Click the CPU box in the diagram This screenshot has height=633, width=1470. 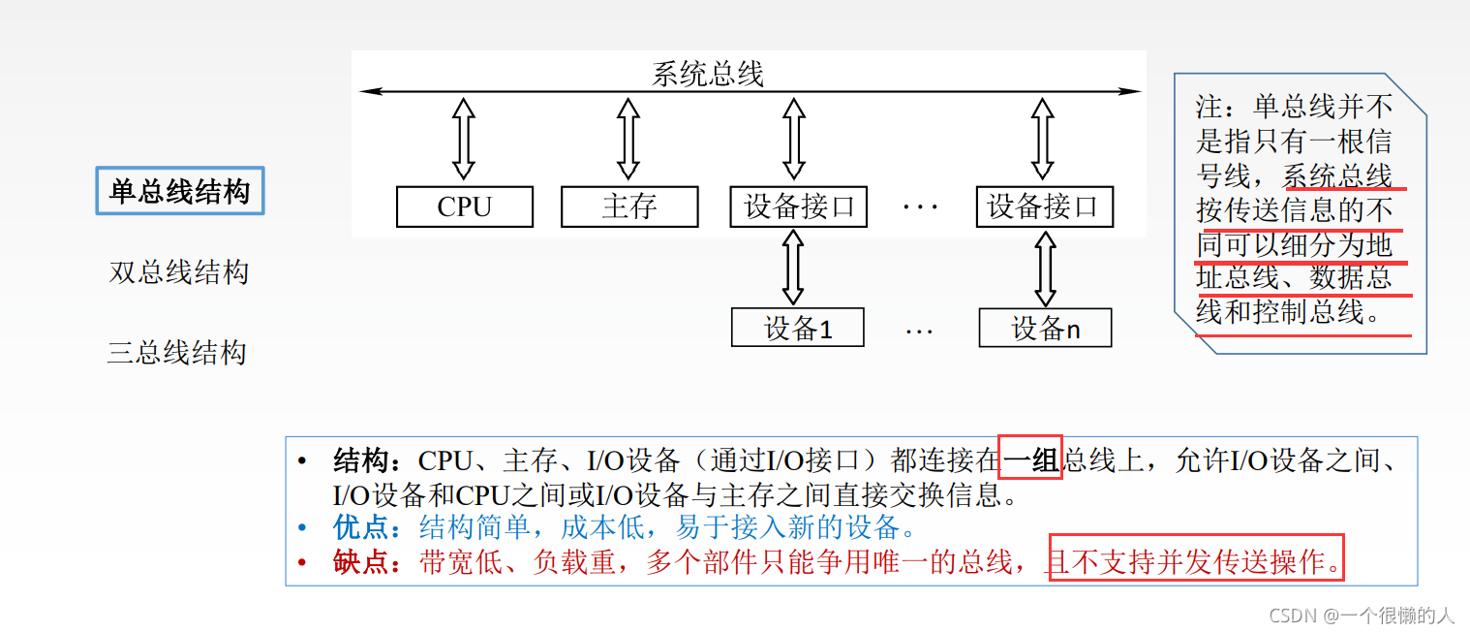[465, 206]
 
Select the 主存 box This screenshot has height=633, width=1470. [629, 206]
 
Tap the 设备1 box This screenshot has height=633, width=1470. [798, 329]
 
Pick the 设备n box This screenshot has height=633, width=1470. [1045, 329]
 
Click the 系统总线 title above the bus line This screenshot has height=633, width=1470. [708, 74]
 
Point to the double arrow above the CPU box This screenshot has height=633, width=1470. [464, 140]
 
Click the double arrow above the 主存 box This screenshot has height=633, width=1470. [628, 140]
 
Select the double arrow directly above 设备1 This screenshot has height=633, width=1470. [794, 268]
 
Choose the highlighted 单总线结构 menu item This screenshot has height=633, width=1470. [180, 191]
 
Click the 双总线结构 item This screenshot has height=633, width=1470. [179, 272]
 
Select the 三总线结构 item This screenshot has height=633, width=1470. [177, 352]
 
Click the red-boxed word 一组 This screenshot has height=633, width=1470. [1030, 459]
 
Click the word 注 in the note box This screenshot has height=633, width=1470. [1210, 106]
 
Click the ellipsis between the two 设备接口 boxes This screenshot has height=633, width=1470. [920, 206]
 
